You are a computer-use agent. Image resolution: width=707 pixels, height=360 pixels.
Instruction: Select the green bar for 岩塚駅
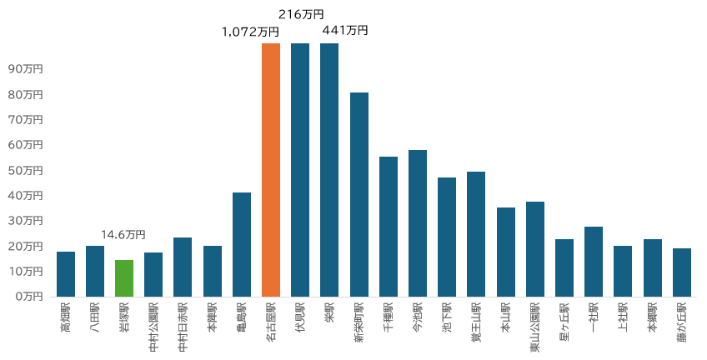(x=124, y=278)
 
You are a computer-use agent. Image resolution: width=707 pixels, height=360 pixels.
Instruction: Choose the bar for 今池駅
(x=418, y=223)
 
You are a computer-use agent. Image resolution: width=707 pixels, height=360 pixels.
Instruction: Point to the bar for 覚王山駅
(x=476, y=234)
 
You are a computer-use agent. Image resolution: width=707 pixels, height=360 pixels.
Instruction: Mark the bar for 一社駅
(x=594, y=262)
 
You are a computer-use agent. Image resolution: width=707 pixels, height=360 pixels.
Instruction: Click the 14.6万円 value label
(x=123, y=235)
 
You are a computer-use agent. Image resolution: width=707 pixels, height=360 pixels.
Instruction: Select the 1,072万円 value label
(x=250, y=32)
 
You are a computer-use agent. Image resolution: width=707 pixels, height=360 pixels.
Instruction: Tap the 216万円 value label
(x=301, y=14)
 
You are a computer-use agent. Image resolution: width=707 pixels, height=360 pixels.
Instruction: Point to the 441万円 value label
(x=345, y=30)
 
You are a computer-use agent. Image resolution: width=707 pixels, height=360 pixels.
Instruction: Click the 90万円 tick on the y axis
(x=24, y=69)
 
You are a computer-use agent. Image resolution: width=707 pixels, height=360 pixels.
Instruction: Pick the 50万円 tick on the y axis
(x=24, y=170)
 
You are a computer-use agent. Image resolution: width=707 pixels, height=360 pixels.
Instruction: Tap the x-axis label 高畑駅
(x=66, y=319)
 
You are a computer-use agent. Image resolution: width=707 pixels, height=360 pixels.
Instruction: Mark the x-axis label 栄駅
(x=330, y=314)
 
